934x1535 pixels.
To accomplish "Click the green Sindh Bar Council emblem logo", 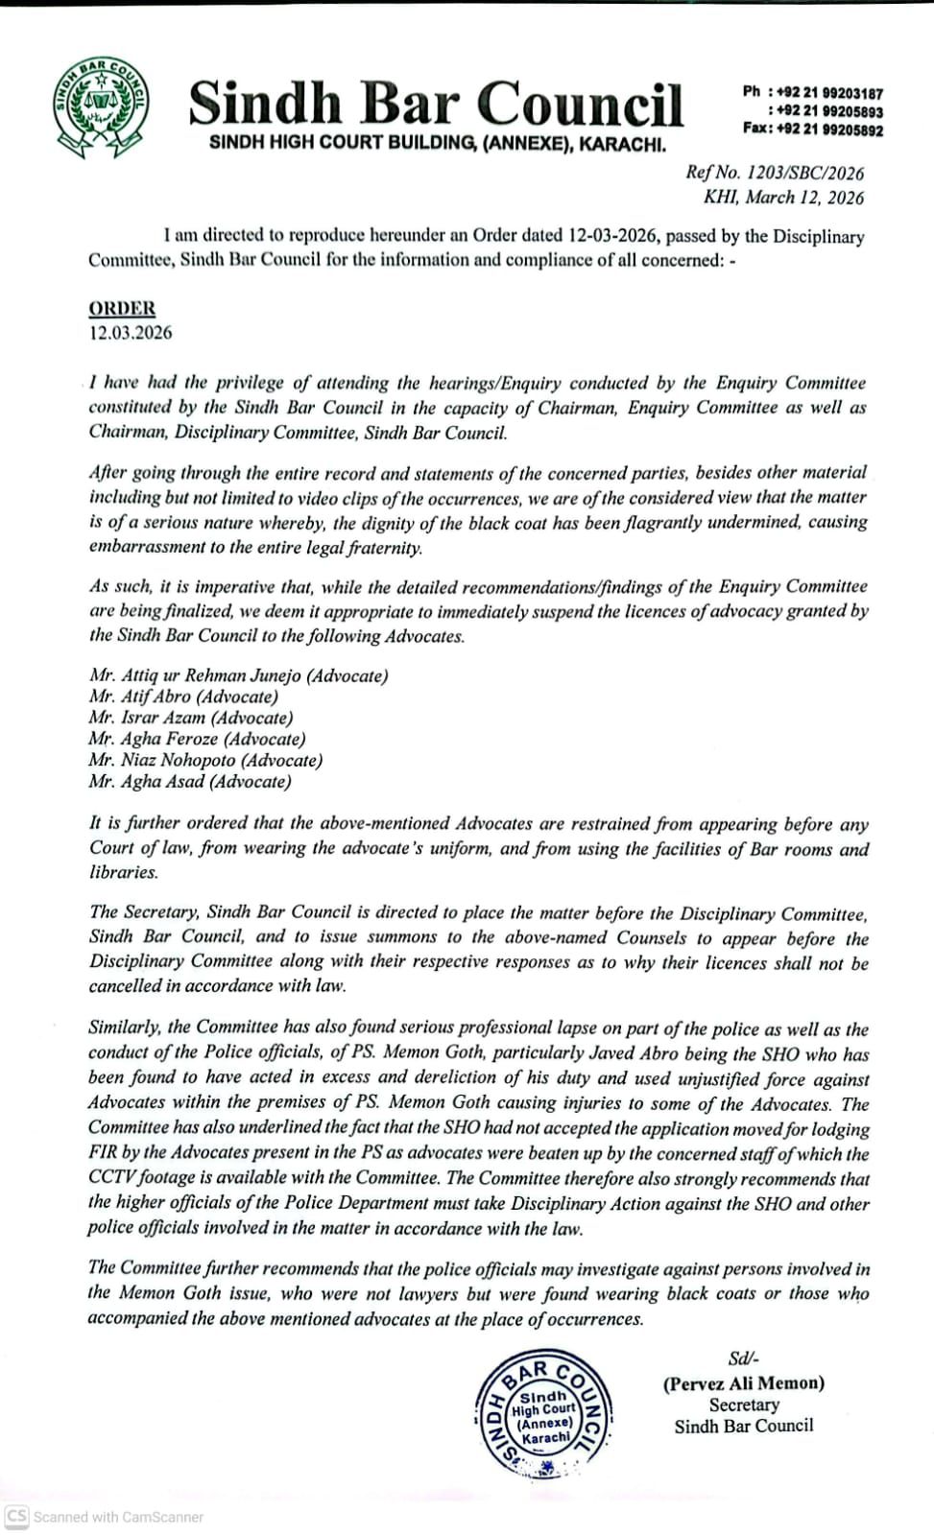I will (101, 106).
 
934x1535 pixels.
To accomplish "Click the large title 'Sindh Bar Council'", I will (436, 103).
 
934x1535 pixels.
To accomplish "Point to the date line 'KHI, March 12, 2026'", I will (783, 198).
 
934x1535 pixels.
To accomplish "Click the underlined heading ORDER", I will (122, 309).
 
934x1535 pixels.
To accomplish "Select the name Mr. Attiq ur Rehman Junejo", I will (238, 675).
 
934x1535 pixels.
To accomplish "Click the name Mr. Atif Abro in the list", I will (183, 697).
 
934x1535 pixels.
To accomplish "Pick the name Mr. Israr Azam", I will (191, 718).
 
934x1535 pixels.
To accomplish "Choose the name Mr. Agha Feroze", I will (197, 739).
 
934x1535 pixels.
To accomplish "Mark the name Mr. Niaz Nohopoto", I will (205, 760).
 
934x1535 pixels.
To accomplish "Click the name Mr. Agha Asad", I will (190, 781).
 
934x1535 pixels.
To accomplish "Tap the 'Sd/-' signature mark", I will (743, 1358).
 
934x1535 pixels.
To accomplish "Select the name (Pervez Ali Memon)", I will (743, 1383).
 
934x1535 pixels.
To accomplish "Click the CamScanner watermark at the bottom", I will (106, 1517).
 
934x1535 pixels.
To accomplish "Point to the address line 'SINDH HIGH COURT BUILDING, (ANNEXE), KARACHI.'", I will (438, 143).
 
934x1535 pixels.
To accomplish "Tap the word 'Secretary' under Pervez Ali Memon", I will (744, 1405).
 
